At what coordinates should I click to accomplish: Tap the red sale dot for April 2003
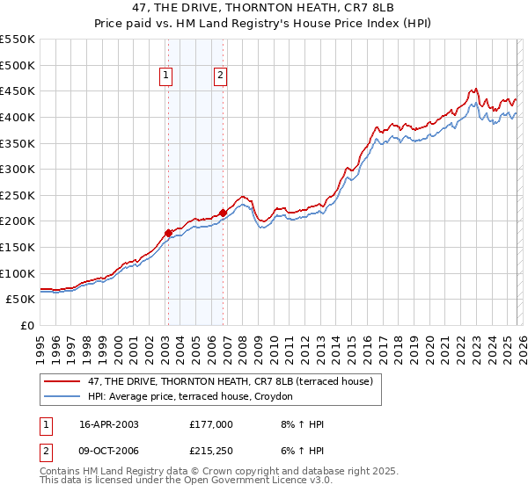click(x=168, y=233)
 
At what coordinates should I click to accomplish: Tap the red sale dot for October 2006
click(x=223, y=213)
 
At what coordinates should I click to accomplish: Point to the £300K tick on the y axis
click(x=18, y=169)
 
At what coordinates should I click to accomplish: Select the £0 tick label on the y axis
click(x=28, y=325)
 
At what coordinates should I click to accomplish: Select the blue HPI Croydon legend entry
click(x=194, y=397)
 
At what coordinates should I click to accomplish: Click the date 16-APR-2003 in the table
click(x=108, y=424)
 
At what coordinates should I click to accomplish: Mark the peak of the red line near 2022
click(x=474, y=89)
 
